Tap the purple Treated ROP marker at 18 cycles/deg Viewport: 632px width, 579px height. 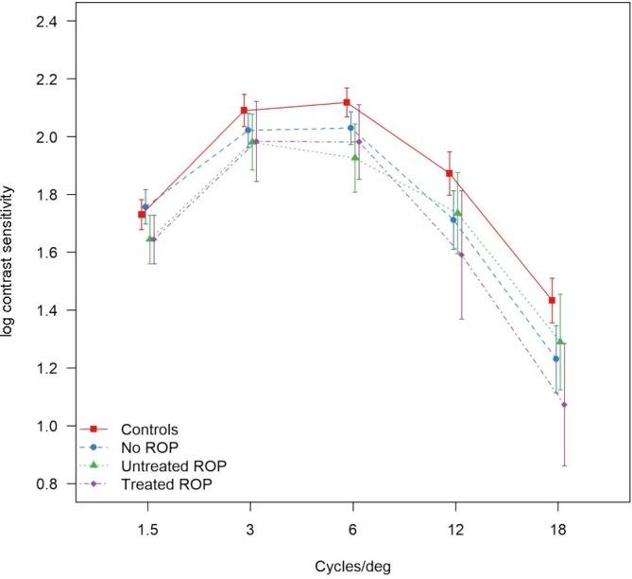pos(564,405)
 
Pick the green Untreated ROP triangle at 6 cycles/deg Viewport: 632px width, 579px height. pos(355,157)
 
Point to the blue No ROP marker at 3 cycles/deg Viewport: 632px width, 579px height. pos(248,131)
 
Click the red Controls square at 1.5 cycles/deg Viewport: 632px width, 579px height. pos(142,215)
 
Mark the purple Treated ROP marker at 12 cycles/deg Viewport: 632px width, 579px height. pos(461,255)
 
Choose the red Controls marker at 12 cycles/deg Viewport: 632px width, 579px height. pos(450,173)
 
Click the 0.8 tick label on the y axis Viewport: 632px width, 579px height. pos(50,484)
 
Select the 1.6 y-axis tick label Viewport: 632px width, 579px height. pos(50,253)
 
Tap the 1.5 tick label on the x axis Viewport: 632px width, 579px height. pos(145,532)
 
